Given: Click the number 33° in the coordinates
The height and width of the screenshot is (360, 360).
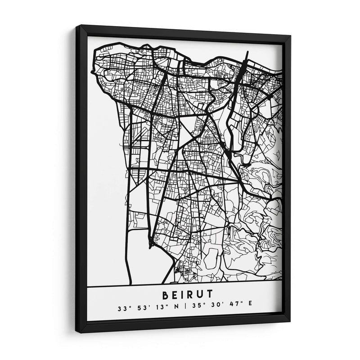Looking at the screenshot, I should pyautogui.click(x=121, y=309).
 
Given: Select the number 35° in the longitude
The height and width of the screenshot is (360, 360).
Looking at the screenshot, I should pyautogui.click(x=194, y=310).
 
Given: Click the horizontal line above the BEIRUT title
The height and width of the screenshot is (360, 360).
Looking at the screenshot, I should pyautogui.click(x=184, y=285).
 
